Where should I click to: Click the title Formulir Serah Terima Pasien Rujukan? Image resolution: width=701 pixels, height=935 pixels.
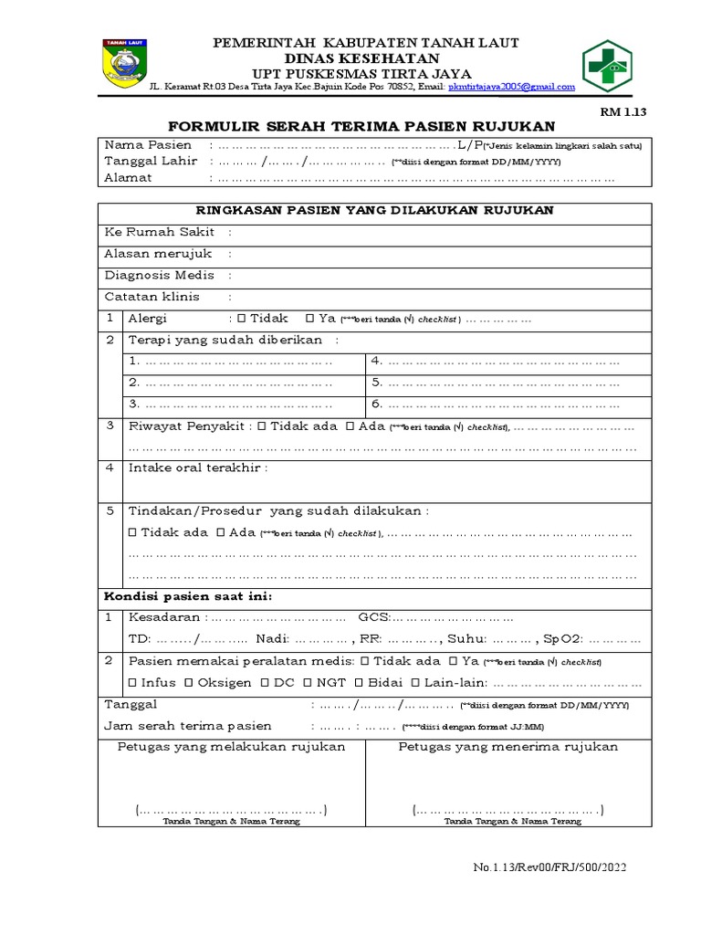point(361,126)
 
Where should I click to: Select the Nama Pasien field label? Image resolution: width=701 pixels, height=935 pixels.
point(149,145)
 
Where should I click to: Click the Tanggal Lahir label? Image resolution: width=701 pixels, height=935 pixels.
point(152,162)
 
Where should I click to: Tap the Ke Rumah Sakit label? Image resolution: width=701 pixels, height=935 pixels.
point(160,233)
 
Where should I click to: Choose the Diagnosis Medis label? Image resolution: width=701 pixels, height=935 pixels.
point(160,276)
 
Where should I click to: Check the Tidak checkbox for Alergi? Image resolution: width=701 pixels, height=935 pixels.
point(241,319)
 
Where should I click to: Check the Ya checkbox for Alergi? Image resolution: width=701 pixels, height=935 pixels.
point(311,319)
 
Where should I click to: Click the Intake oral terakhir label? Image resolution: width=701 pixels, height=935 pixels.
point(199,468)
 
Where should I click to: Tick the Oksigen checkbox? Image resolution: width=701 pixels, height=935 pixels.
point(188,682)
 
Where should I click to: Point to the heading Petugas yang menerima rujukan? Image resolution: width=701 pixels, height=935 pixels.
point(508,747)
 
